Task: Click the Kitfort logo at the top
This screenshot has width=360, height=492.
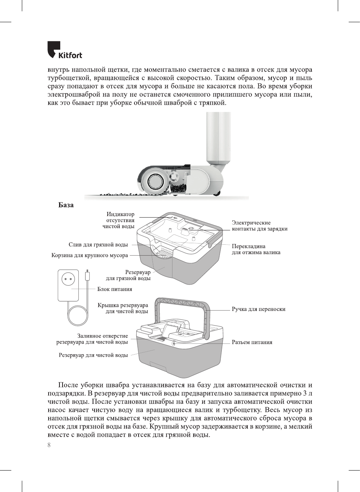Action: pos(64,50)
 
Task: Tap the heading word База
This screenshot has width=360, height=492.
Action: pos(66,205)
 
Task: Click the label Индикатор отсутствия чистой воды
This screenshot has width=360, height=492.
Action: pos(119,220)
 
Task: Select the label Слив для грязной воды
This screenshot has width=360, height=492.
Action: pos(98,245)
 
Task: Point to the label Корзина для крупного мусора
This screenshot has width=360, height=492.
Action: pos(90,255)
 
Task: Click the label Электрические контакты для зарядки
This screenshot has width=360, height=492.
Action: pos(259,226)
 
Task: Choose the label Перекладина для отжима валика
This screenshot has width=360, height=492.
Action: pos(256,249)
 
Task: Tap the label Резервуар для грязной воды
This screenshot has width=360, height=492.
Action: pos(128,275)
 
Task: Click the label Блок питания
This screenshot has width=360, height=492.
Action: pos(114,289)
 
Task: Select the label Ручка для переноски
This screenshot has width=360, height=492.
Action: pos(258,309)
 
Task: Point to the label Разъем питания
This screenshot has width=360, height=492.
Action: pos(252,342)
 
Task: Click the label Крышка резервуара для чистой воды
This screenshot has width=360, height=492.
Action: pos(123,308)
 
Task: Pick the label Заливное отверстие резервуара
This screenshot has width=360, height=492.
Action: pos(93,339)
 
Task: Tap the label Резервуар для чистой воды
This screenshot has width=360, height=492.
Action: pos(93,355)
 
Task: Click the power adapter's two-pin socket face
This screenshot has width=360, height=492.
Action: pos(68,279)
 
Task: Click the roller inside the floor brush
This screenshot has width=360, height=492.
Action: pos(155,182)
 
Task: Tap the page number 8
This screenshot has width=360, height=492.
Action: pos(49,445)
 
